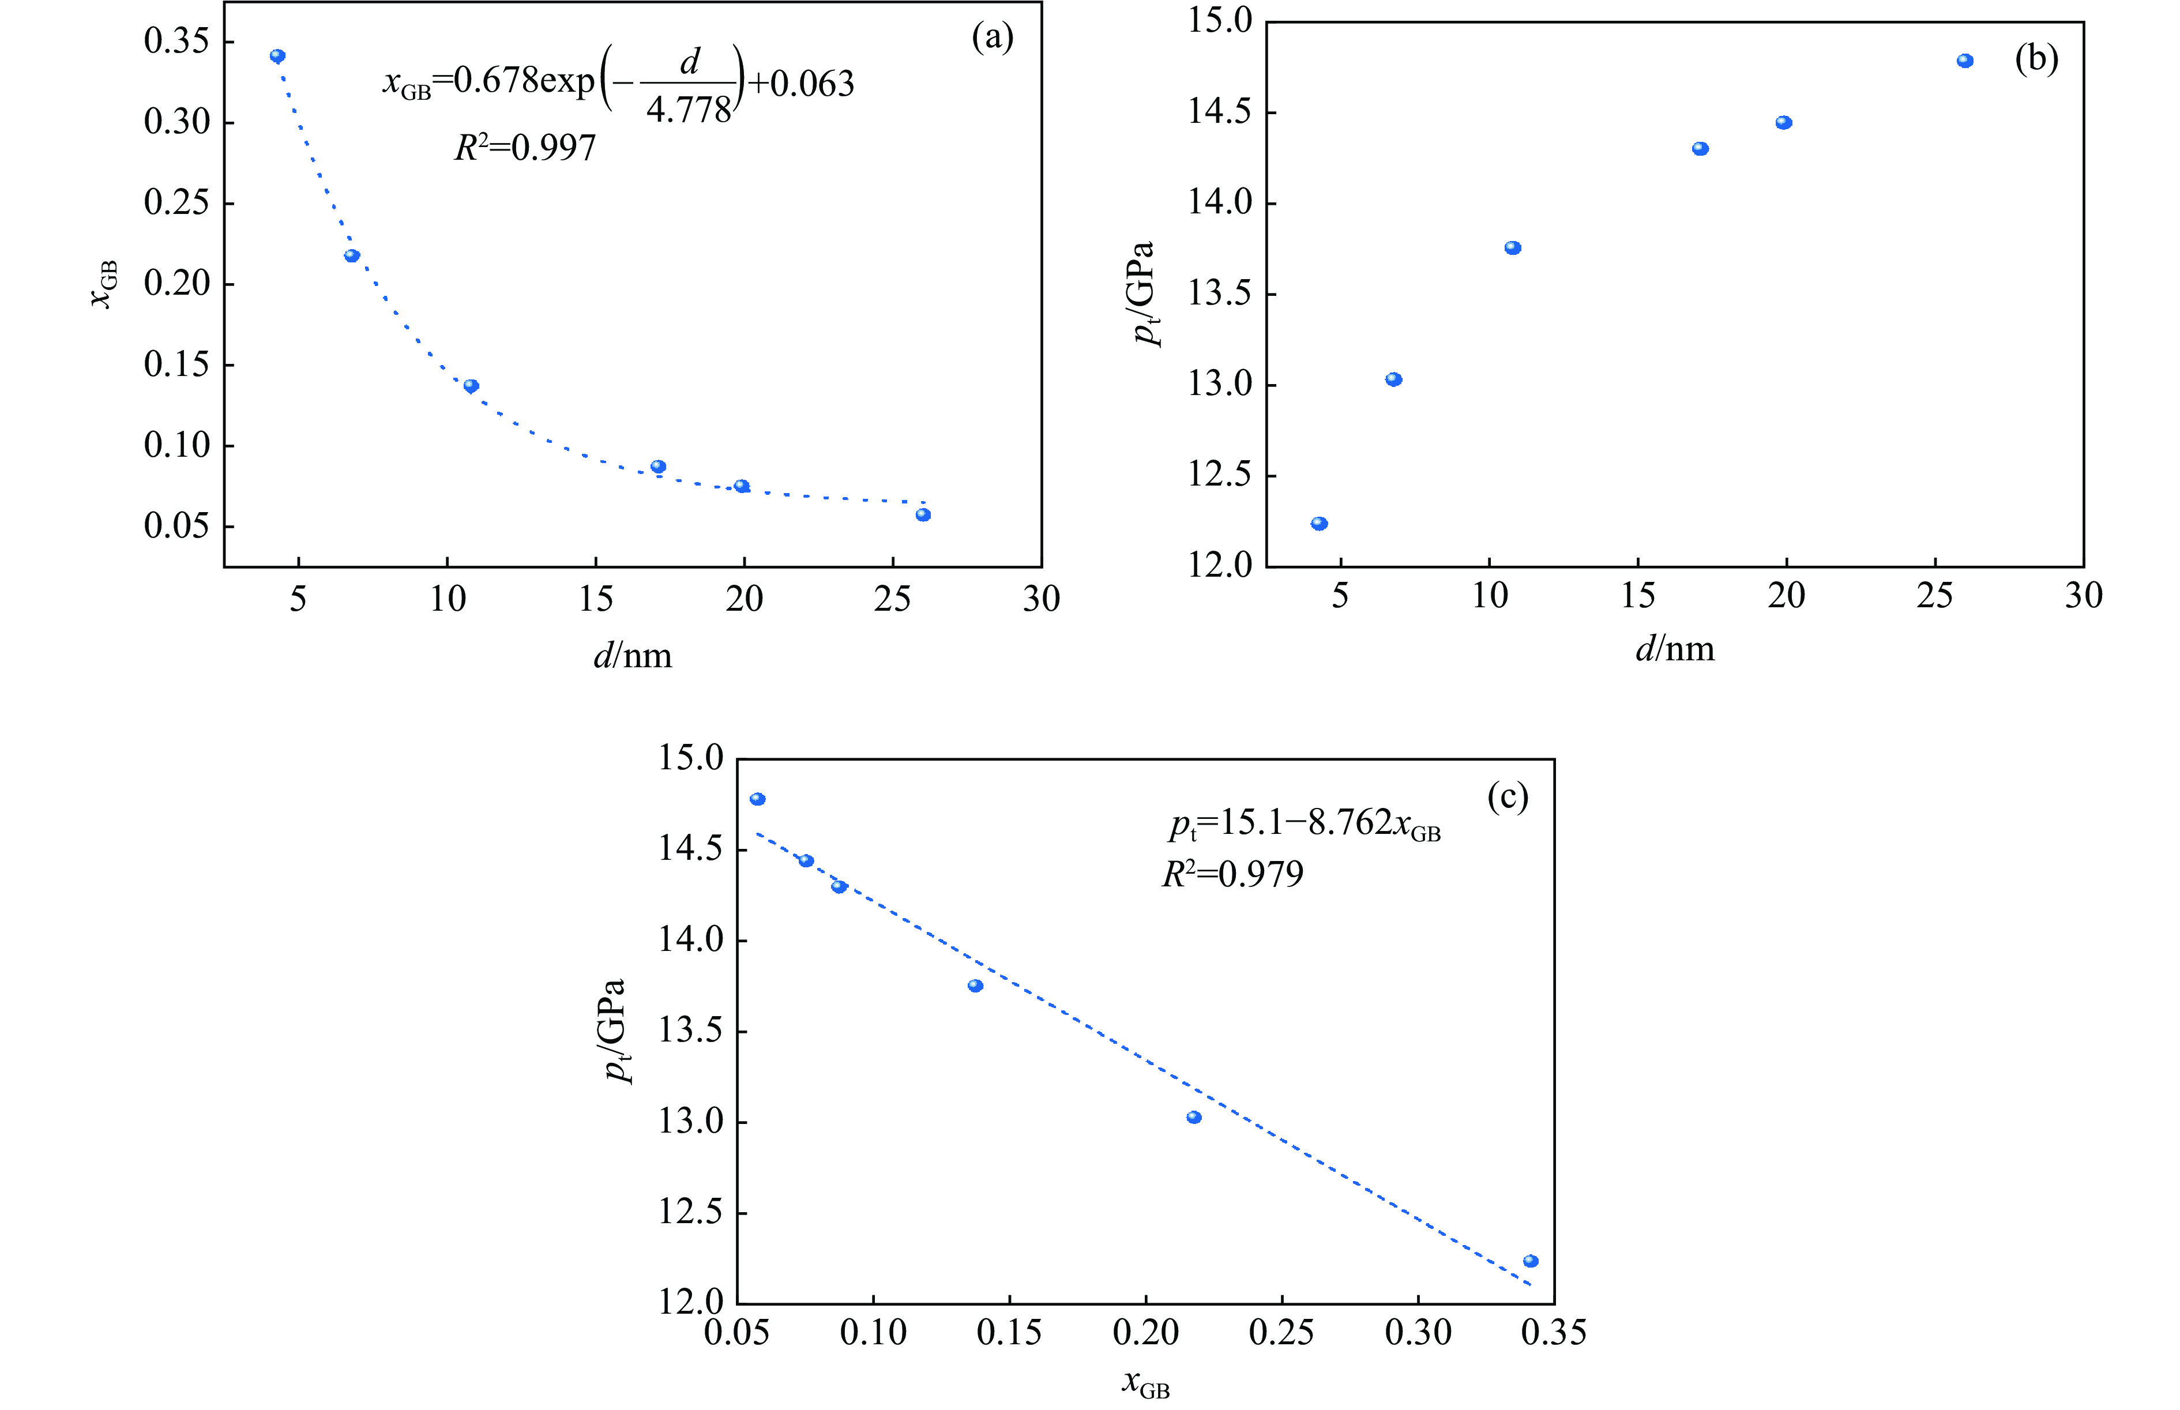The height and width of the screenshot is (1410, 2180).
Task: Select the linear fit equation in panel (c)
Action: coord(1305,826)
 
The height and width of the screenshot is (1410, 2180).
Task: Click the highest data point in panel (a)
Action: coord(277,56)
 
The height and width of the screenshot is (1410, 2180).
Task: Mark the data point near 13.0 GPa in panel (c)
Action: coord(1194,1117)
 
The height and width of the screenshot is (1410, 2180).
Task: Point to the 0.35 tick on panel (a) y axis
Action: coord(176,41)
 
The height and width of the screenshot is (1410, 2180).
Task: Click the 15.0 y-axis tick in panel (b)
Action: coord(1220,20)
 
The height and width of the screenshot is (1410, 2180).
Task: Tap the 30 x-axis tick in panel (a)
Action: coord(1041,600)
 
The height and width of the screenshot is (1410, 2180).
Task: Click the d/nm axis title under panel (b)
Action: coord(1675,649)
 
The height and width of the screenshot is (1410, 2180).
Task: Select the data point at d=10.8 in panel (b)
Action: coord(1513,248)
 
